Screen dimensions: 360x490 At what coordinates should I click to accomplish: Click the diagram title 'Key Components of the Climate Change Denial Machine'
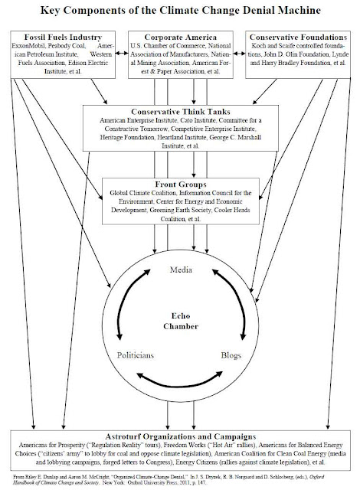tap(180, 10)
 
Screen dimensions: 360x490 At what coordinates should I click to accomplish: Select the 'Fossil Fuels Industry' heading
tap(63, 38)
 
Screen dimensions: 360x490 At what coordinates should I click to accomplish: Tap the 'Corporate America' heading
tap(180, 38)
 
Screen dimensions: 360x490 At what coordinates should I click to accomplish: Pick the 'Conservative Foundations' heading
tap(298, 38)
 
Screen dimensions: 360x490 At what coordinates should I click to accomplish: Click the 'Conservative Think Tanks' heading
tap(181, 112)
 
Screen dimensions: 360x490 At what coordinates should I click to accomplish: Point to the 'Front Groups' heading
tap(181, 185)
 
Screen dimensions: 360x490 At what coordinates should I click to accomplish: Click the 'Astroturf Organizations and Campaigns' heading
tap(181, 436)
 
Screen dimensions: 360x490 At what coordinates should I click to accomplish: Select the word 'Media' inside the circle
tap(181, 269)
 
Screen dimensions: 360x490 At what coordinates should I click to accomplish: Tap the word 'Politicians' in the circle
tap(136, 355)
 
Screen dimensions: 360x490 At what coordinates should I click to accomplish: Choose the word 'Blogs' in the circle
tap(231, 355)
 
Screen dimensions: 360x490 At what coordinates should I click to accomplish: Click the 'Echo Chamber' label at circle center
tap(181, 321)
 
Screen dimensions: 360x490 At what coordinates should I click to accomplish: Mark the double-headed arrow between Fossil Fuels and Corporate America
tap(122, 54)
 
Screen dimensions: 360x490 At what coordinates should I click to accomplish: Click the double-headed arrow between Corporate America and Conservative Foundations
tap(239, 54)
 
